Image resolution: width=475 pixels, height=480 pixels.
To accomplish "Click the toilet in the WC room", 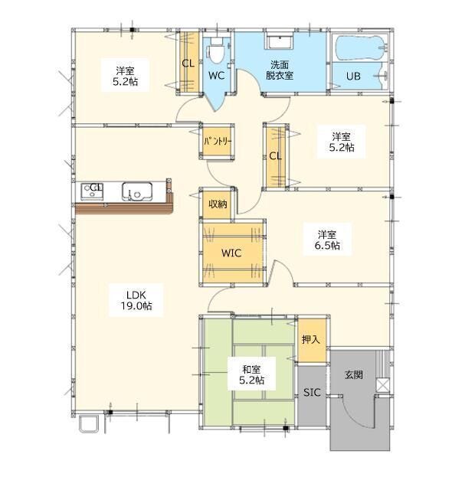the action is tap(216, 51).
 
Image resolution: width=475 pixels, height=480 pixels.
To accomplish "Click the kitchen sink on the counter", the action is tap(137, 191).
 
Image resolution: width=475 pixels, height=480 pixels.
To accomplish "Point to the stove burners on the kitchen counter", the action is tap(92, 191).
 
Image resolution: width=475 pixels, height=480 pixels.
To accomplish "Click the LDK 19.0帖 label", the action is tap(136, 300).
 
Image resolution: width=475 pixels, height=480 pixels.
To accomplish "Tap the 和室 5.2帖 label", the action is tap(251, 374).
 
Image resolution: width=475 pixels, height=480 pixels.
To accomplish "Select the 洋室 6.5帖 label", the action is tap(327, 240).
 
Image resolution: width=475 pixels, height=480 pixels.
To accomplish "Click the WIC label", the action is tap(231, 253).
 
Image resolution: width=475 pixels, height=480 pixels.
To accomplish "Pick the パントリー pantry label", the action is tap(218, 141).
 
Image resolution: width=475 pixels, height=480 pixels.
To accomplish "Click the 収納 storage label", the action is tap(218, 204).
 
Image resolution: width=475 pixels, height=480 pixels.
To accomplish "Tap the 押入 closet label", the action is tap(311, 339).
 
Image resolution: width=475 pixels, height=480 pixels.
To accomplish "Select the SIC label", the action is tap(312, 393).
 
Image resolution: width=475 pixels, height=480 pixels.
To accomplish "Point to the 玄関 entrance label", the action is tap(354, 374).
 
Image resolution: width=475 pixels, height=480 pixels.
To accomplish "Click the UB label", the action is tap(353, 76).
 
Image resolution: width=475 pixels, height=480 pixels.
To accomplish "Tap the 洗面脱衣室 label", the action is tap(279, 70).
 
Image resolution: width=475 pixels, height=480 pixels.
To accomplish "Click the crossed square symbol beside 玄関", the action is tap(382, 385).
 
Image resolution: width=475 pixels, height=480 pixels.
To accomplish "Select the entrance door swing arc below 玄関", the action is tap(352, 420).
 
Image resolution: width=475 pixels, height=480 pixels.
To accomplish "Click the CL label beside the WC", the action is tap(188, 64).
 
